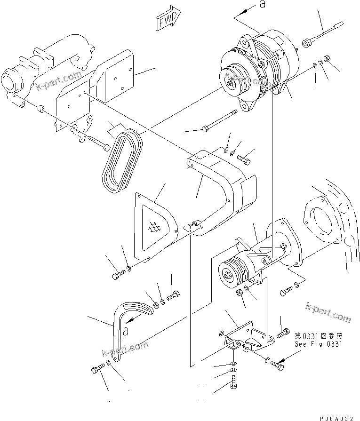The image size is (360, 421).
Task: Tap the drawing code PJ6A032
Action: point(339,417)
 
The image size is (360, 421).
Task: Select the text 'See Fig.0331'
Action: point(319,344)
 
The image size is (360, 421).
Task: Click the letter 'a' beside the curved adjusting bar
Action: point(126,331)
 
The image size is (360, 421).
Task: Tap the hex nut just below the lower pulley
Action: point(239,293)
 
